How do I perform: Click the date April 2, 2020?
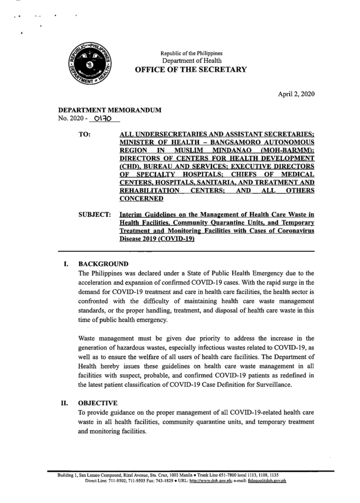click(x=296, y=94)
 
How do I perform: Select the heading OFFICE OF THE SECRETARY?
click(x=191, y=70)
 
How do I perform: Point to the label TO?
click(x=85, y=134)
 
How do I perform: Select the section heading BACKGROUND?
click(x=103, y=264)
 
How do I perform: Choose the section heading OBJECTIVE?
click(x=98, y=403)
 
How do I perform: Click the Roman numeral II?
click(x=64, y=403)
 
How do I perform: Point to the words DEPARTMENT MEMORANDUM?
click(x=110, y=110)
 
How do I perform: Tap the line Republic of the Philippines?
click(x=192, y=53)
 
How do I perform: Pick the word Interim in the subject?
click(x=131, y=215)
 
